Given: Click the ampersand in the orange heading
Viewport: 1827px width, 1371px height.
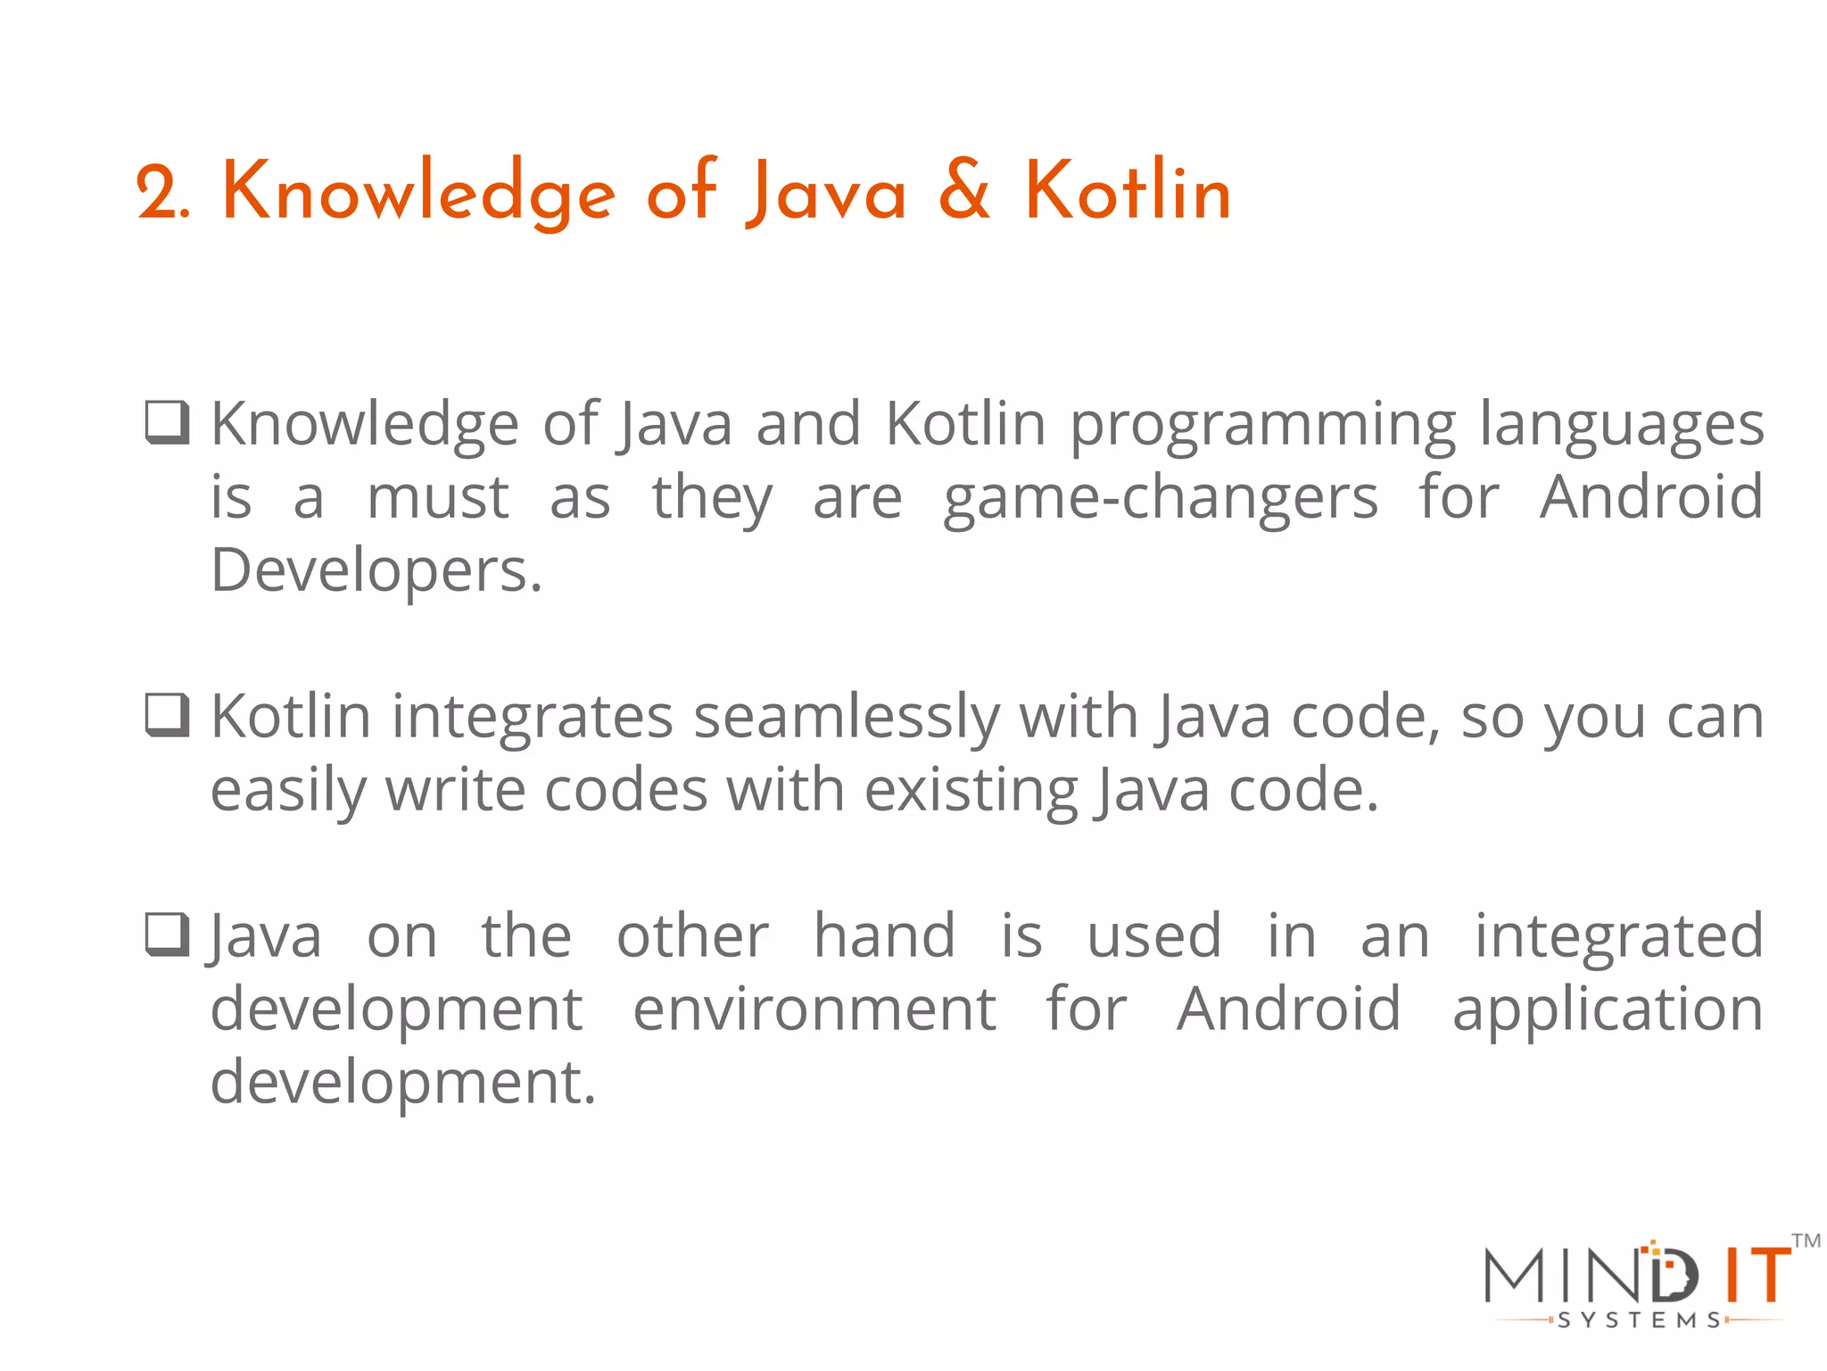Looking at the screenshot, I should coord(964,190).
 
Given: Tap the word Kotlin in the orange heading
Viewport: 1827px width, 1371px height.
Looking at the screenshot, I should coord(1128,190).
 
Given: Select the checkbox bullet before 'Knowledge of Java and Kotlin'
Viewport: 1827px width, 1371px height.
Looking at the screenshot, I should coord(167,422).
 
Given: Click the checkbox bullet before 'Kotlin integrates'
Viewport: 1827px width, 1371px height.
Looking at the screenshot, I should coord(167,715).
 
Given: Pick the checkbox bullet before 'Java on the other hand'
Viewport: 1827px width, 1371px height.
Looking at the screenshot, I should coord(167,935).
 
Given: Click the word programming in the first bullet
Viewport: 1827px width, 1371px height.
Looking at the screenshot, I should coord(1262,425).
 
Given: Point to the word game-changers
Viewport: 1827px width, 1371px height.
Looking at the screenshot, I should coord(1161,498).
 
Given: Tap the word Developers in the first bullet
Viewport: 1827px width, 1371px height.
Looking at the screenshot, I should coord(376,571).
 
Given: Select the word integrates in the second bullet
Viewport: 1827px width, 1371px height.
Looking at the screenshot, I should coord(532,718).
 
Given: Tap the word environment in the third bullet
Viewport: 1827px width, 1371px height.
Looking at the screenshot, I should coord(814,1010).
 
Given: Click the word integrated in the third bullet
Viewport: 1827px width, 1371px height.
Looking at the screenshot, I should coord(1618,937).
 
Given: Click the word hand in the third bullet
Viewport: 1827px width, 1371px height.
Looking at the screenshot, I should coord(884,935).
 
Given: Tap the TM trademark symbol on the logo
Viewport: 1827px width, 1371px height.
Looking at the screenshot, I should coord(1806,1241).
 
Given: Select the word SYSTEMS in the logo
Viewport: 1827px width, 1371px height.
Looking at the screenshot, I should coord(1640,1320).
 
